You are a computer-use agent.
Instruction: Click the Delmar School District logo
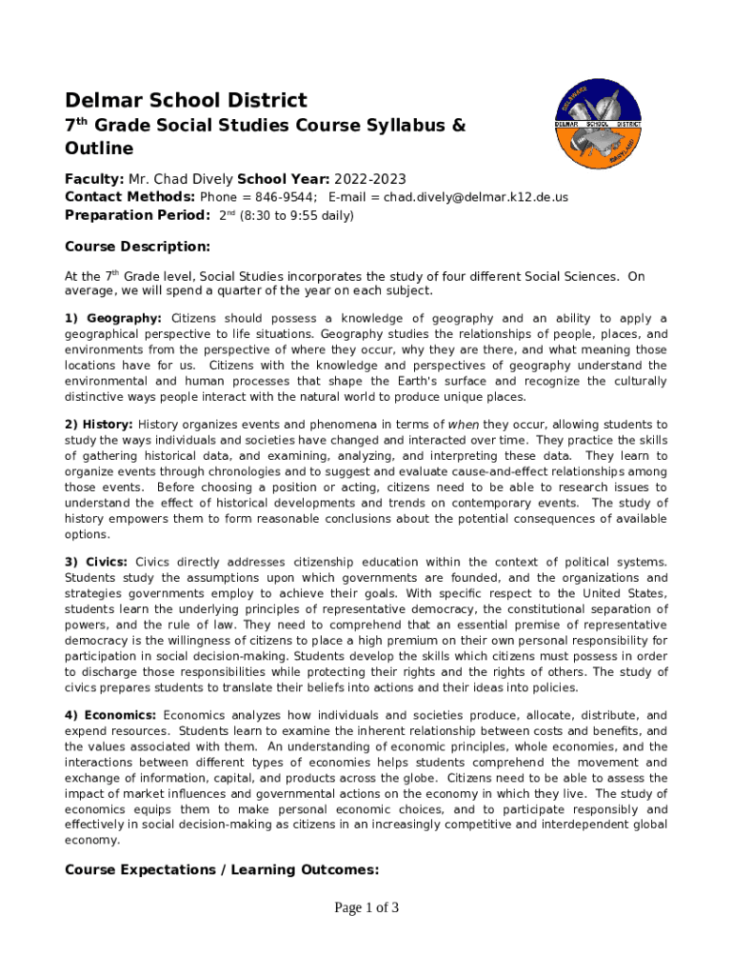click(x=599, y=123)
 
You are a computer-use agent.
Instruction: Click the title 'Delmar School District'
click(x=186, y=100)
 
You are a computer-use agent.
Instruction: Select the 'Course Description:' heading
click(x=137, y=247)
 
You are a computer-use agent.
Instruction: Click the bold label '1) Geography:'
click(x=113, y=318)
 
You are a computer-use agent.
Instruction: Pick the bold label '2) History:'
click(x=100, y=424)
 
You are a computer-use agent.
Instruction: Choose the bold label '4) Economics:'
click(x=110, y=715)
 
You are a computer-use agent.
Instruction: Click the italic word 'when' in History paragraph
click(x=464, y=424)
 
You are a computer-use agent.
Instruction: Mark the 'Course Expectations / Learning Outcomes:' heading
click(x=221, y=869)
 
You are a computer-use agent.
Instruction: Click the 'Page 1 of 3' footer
click(x=366, y=907)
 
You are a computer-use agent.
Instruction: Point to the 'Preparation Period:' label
click(x=137, y=215)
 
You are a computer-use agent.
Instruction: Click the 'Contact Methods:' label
click(x=129, y=197)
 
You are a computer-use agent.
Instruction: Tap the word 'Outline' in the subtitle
click(x=99, y=149)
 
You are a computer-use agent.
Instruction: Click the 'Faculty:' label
click(x=94, y=179)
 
